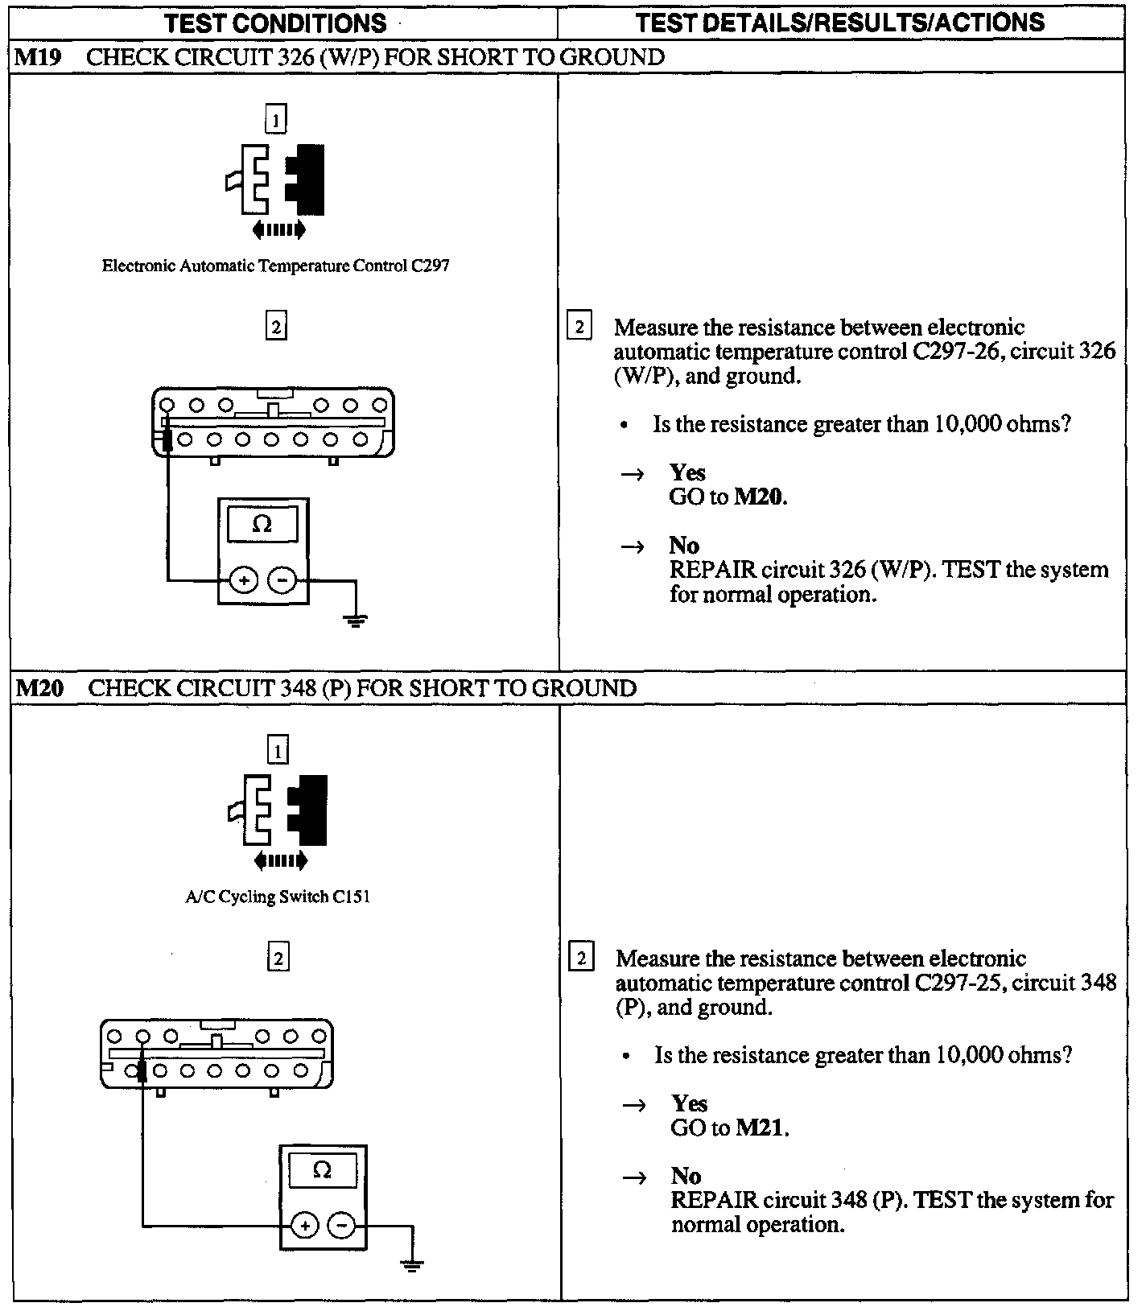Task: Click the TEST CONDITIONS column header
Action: click(x=275, y=23)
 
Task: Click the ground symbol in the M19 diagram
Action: click(x=355, y=620)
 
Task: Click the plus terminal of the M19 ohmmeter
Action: click(x=244, y=579)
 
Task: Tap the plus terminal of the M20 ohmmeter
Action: click(x=305, y=1226)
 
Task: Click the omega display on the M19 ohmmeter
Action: click(x=262, y=525)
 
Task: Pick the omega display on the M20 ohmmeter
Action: click(x=323, y=1171)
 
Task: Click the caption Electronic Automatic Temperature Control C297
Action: click(x=275, y=266)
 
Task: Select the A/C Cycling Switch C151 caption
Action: click(x=278, y=897)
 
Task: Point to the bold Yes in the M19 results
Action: click(x=687, y=472)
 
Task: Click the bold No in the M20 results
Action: click(x=686, y=1177)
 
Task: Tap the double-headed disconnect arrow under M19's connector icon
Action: click(x=278, y=230)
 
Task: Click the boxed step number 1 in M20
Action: click(x=278, y=751)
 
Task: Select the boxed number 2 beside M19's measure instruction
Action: click(x=579, y=327)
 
